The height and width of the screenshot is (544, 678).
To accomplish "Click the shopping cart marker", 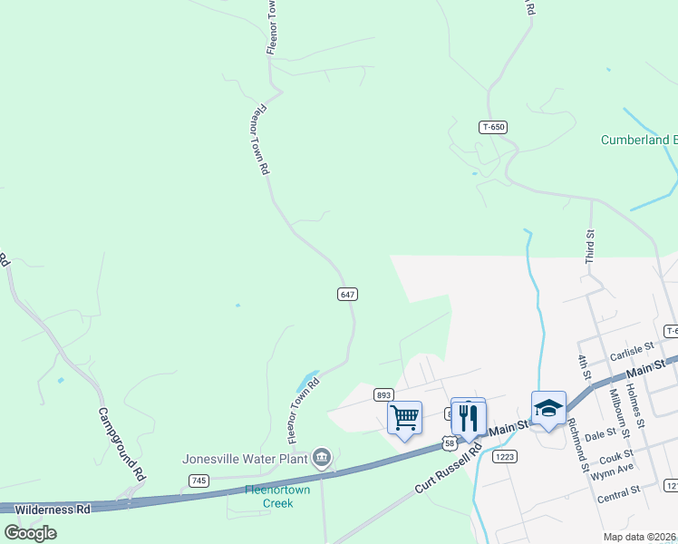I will click(404, 418).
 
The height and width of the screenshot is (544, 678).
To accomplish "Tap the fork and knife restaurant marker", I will click(468, 417).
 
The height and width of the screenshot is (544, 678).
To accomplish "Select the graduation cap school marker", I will click(548, 409).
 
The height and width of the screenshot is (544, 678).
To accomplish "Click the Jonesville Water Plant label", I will click(244, 458).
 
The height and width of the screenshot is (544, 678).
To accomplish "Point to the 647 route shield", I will click(347, 295).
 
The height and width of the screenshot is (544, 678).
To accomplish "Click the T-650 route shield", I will click(492, 128).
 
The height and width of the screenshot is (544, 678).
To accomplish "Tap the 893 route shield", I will click(383, 394).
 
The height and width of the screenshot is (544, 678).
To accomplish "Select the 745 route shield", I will click(199, 480).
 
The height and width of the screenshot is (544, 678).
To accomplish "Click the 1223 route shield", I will click(505, 458).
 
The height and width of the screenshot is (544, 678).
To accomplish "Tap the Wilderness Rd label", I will click(53, 510).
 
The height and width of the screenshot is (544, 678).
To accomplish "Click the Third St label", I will click(589, 247).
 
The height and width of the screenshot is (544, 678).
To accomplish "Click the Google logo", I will click(30, 532).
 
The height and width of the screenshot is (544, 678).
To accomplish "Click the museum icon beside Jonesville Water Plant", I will click(321, 458).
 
